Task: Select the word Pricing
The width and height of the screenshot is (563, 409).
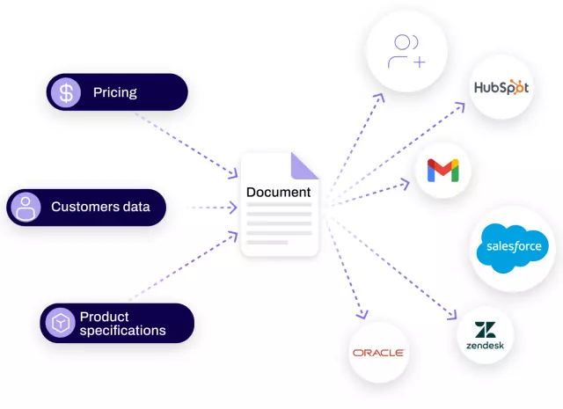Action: coord(115,92)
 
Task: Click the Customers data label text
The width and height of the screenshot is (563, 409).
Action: coord(100,208)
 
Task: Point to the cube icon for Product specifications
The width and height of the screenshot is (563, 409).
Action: coord(60,324)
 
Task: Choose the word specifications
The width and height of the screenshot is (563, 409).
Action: coord(122,331)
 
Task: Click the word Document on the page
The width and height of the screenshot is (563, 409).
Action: coord(278,193)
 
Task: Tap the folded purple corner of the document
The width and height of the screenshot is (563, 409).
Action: coord(305,164)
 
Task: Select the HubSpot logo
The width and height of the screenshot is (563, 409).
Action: coord(501,87)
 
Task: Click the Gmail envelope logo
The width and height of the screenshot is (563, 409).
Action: coord(442,170)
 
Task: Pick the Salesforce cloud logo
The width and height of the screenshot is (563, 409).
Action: coord(514,247)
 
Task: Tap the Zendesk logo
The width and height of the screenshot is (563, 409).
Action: coord(485,337)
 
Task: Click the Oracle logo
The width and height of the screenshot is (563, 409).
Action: coord(378,353)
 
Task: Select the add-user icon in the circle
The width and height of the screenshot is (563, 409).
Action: coord(406,51)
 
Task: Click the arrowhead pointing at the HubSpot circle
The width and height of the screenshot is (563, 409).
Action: coord(463,106)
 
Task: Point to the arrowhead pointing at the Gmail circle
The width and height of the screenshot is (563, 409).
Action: coord(406,183)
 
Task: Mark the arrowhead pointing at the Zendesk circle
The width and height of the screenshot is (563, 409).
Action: coord(455,317)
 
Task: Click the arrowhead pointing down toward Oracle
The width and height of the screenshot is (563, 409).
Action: coord(362,315)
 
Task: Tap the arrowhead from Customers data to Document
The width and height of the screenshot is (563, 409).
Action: coord(233,208)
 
